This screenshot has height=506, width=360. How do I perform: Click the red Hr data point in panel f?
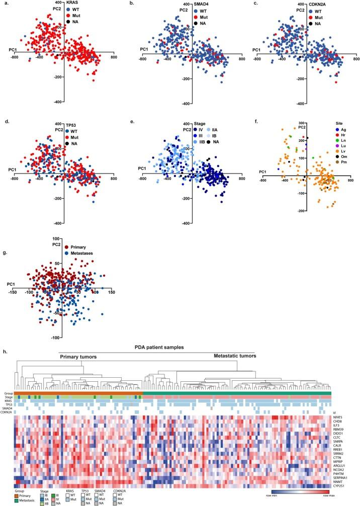tap(304, 137)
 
